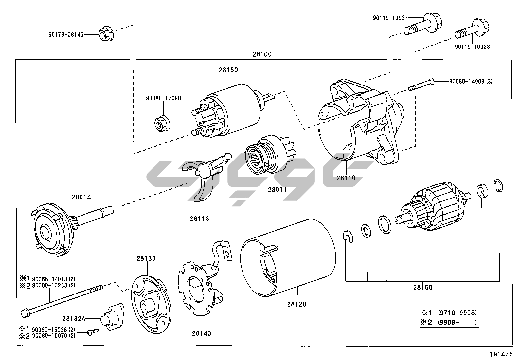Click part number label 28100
click(x=262, y=54)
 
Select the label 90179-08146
click(x=66, y=34)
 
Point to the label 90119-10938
click(x=472, y=47)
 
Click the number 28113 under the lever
click(x=199, y=218)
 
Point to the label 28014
click(x=81, y=197)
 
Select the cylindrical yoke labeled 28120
click(x=288, y=259)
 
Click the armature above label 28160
click(x=432, y=210)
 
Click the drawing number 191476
click(x=501, y=354)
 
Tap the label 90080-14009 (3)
click(x=470, y=81)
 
